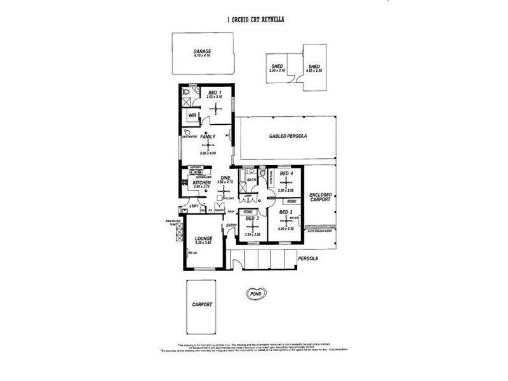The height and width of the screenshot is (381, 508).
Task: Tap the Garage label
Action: click(203, 51)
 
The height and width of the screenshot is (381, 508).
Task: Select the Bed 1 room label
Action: click(214, 93)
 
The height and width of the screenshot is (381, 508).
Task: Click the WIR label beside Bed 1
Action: click(192, 115)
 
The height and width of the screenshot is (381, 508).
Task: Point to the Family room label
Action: click(208, 137)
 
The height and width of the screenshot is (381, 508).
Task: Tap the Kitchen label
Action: click(202, 182)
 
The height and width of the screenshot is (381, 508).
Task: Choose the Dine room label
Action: click(225, 177)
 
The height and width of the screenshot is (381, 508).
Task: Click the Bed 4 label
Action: click(286, 173)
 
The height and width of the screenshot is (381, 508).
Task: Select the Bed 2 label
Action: click(286, 211)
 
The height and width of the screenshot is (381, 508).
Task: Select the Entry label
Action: click(231, 225)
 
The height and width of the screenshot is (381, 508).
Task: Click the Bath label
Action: click(251, 180)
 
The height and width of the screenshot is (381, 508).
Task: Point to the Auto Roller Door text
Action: click(321, 231)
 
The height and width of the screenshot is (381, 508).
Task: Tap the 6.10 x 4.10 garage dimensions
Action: click(203, 56)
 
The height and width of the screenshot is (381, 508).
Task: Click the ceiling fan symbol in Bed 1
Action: click(217, 108)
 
